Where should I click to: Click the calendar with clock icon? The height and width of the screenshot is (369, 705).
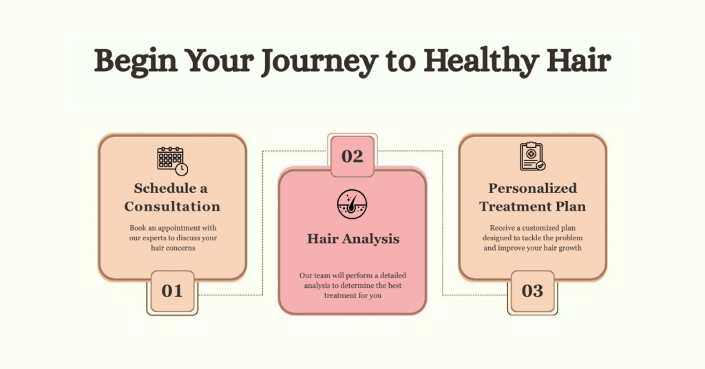172,160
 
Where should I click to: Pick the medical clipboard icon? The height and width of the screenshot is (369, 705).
532,156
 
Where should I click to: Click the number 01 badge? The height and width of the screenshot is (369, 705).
172,291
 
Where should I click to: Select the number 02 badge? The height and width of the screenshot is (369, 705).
352,156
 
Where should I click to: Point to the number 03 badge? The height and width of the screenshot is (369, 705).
532,291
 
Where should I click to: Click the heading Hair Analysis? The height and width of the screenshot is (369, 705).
352,240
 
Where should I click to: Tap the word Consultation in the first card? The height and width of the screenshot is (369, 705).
172,207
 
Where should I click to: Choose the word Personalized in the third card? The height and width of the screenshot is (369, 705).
532,188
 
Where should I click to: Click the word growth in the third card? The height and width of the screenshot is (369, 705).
569,249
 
